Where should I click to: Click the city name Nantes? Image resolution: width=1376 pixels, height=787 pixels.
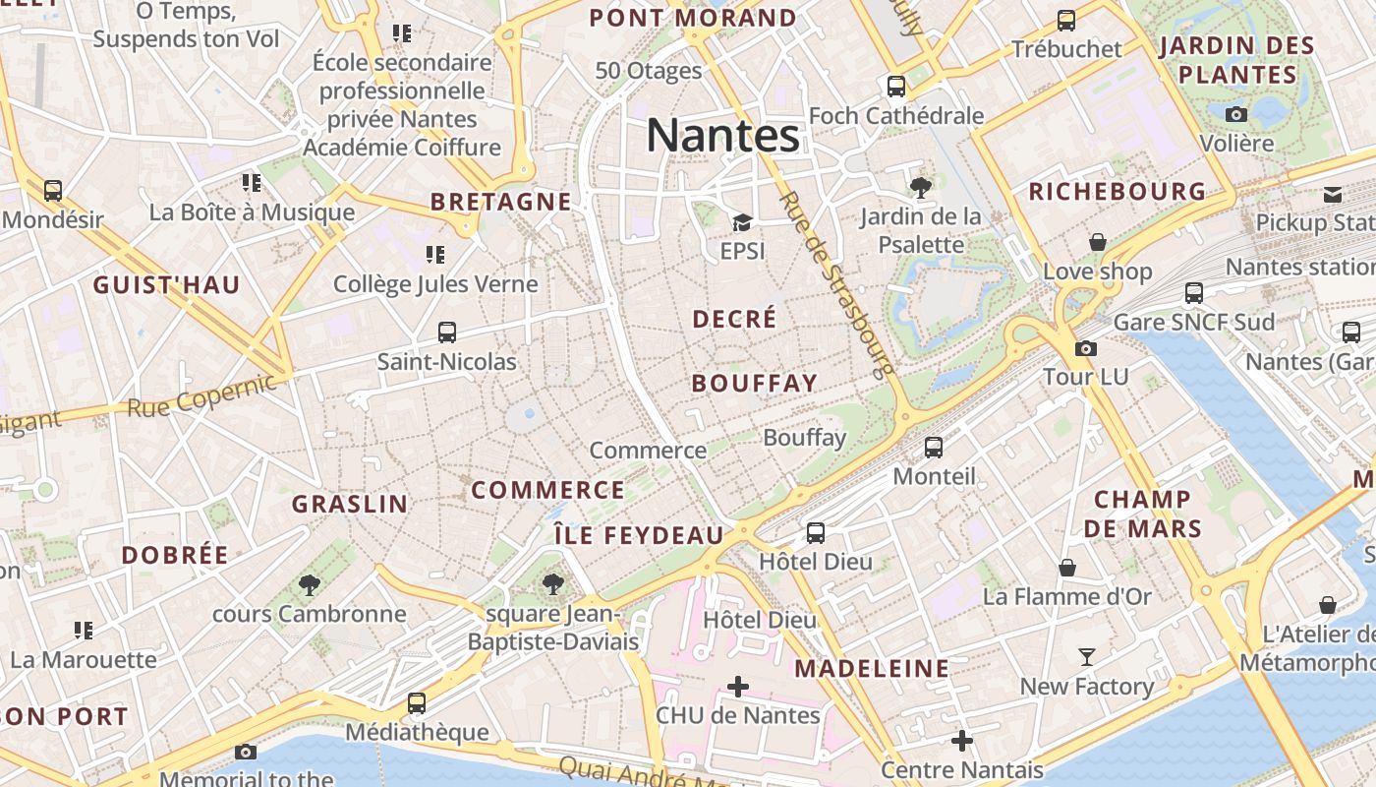722,136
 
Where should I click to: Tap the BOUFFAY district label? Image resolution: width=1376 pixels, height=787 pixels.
754,384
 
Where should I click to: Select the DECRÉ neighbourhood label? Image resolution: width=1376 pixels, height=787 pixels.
734,319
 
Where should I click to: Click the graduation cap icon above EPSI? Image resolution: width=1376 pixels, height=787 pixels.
742,223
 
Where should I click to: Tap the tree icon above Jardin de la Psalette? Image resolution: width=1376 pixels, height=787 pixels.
921,187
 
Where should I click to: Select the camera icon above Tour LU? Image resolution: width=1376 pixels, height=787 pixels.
1086,348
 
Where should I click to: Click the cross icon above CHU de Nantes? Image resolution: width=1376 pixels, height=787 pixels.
738,686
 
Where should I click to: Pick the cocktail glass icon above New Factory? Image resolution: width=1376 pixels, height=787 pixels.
1087,656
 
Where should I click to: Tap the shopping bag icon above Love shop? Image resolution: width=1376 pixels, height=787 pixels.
1098,242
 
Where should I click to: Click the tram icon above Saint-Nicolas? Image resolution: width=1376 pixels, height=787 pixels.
447,333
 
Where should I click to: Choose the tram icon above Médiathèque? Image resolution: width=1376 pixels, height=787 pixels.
417,703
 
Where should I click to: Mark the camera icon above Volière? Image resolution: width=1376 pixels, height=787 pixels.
1236,114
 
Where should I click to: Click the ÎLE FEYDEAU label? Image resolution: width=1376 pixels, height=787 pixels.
639,536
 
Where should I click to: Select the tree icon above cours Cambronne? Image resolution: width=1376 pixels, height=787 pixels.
310,585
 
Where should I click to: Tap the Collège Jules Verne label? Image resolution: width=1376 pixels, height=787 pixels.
435,284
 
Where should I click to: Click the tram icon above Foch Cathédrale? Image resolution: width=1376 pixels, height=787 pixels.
896,87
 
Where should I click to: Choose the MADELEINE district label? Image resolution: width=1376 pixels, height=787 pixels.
872,669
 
